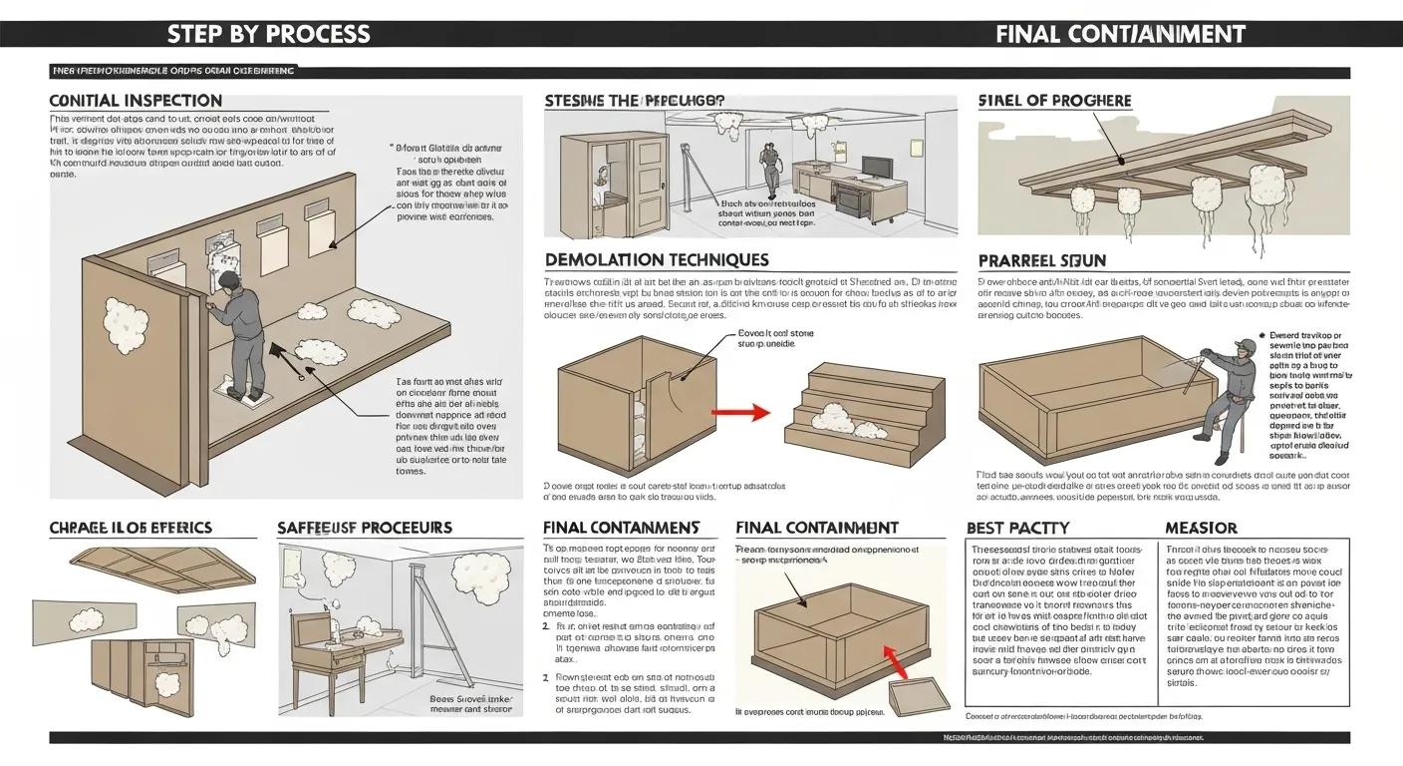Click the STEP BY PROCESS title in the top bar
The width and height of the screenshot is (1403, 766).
tap(268, 33)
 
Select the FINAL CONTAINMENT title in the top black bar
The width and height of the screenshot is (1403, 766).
tap(1120, 33)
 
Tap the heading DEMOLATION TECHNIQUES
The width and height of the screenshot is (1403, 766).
tap(657, 259)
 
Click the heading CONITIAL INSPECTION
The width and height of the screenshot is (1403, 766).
tap(136, 101)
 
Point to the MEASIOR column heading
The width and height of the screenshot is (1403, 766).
tap(1201, 527)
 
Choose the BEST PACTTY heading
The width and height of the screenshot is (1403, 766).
tap(1017, 527)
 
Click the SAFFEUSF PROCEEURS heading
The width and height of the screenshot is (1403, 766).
tap(364, 527)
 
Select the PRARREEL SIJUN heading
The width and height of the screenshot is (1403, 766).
tap(1041, 260)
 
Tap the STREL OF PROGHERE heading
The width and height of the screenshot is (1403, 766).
tap(1055, 101)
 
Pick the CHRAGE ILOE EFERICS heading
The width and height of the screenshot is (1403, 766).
tap(131, 527)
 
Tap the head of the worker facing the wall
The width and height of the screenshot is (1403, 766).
tap(228, 280)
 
